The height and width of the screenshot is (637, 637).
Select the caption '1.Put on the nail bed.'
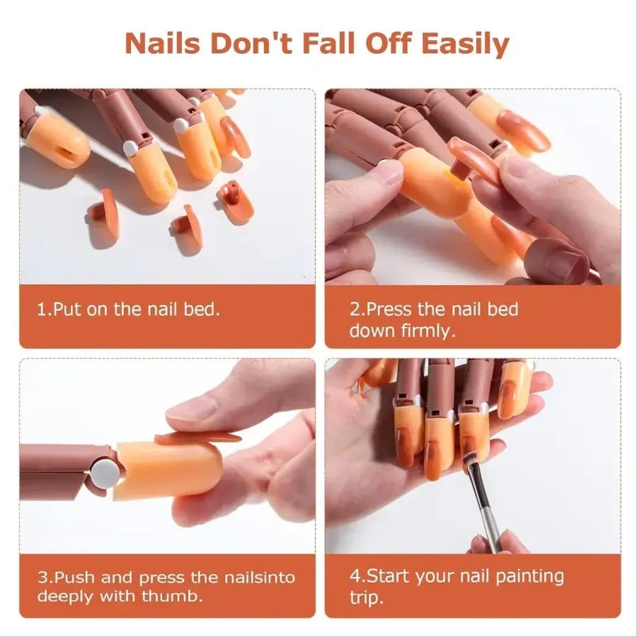(128, 309)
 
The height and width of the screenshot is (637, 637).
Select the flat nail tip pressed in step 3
(198, 438)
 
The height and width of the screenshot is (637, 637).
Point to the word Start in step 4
(390, 576)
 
